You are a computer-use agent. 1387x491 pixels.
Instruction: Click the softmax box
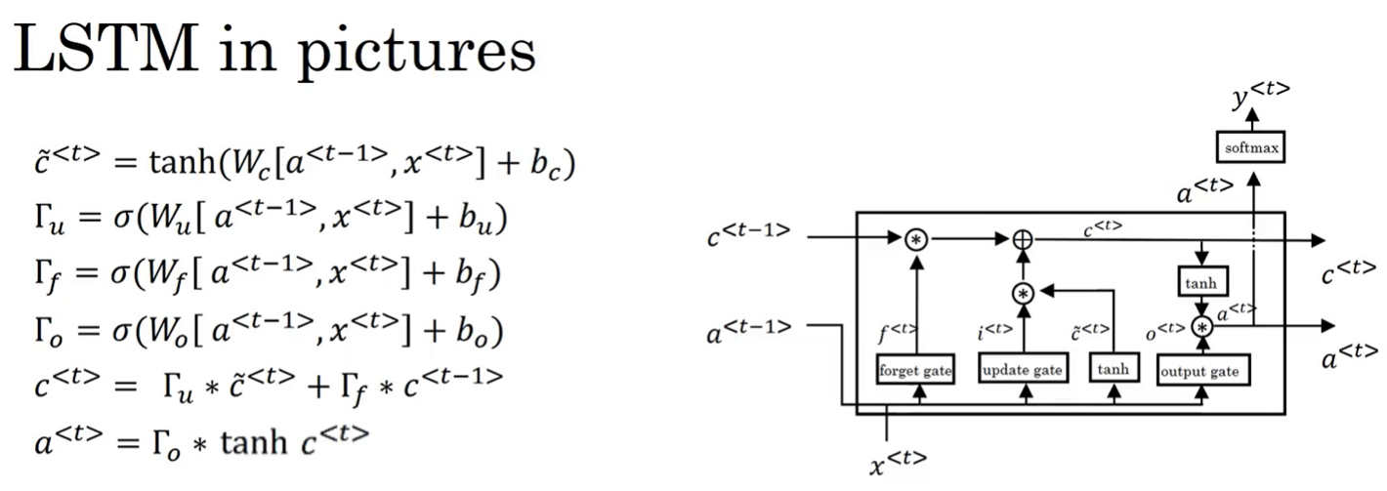point(1252,148)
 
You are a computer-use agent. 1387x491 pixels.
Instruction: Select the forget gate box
point(915,371)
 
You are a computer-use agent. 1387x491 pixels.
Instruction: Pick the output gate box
point(1203,372)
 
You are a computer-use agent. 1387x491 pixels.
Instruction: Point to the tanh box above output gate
point(1200,283)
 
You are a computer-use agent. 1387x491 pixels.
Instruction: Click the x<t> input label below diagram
point(897,460)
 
